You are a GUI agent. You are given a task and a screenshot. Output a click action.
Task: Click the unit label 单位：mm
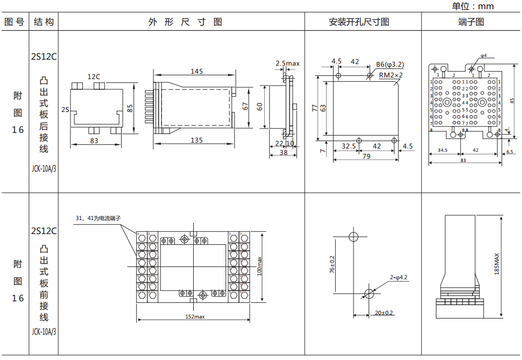pyautogui.click(x=472, y=6)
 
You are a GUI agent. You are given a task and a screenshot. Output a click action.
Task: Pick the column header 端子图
pyautogui.click(x=471, y=22)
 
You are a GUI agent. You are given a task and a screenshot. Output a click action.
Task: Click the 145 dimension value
pyautogui.click(x=197, y=71)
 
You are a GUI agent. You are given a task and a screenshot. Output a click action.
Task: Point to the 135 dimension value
pyautogui.click(x=197, y=140)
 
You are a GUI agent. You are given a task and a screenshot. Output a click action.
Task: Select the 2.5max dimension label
pyautogui.click(x=288, y=63)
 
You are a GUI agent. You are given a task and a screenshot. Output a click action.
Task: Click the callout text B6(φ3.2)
pyautogui.click(x=390, y=64)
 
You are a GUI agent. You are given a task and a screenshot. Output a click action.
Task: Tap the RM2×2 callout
pyautogui.click(x=391, y=75)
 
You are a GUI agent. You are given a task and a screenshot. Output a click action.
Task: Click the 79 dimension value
pyautogui.click(x=366, y=157)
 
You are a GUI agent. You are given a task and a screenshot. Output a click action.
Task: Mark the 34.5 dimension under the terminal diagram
pyautogui.click(x=443, y=151)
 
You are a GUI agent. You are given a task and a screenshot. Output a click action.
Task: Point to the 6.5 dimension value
pyautogui.click(x=510, y=151)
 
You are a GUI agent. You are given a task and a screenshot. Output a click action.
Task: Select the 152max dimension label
pyautogui.click(x=195, y=316)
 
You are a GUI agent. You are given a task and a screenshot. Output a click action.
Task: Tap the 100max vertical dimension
pyautogui.click(x=259, y=266)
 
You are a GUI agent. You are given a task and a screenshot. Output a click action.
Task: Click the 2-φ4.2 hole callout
pyautogui.click(x=399, y=278)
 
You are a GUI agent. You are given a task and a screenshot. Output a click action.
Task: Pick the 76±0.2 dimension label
pyautogui.click(x=332, y=265)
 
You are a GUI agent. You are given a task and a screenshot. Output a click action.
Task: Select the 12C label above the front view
pyautogui.click(x=94, y=77)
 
